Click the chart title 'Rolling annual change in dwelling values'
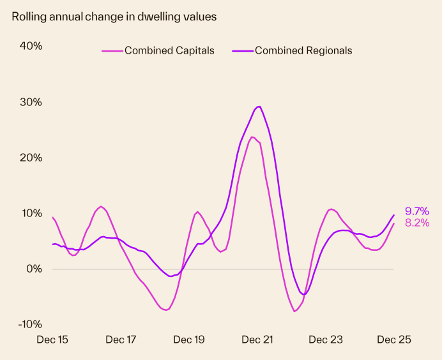[x=114, y=17]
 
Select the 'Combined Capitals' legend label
[x=169, y=50]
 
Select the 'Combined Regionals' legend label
[x=303, y=50]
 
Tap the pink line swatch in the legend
[x=112, y=50]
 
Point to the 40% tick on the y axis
[x=30, y=46]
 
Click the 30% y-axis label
[x=30, y=102]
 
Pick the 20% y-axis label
[x=30, y=158]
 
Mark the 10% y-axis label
[x=30, y=213]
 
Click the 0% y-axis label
[x=33, y=269]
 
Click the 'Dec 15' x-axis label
[x=53, y=340]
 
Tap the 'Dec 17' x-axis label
[x=121, y=340]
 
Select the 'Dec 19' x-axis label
[x=189, y=340]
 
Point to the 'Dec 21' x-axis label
[x=257, y=340]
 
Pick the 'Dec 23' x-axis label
[x=326, y=340]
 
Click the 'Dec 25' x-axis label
[x=393, y=340]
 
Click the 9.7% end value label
[x=416, y=211]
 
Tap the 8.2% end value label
[x=416, y=223]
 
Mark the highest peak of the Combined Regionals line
[x=259, y=107]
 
